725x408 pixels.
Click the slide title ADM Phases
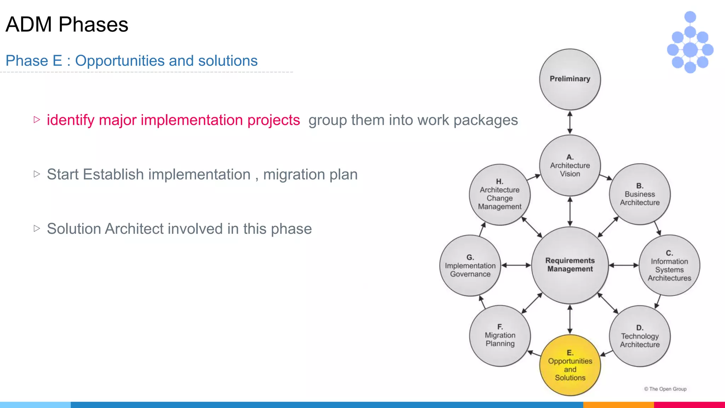click(x=67, y=24)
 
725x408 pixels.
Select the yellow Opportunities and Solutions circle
click(x=570, y=365)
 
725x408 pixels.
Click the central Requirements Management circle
click(x=570, y=265)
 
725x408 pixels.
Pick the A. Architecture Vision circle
click(x=570, y=165)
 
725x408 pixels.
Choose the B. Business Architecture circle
click(x=640, y=194)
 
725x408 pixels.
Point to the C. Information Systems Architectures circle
click(x=669, y=265)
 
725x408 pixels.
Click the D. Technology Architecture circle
click(x=640, y=336)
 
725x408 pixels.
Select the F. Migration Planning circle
click(x=500, y=335)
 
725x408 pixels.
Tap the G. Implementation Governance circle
click(x=470, y=266)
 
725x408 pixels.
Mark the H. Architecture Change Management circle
click(x=499, y=194)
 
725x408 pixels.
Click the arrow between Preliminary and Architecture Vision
click(x=570, y=123)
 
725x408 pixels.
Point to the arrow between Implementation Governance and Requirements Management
click(x=516, y=265)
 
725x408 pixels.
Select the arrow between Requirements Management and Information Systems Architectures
click(x=624, y=265)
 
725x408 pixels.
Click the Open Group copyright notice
click(x=665, y=389)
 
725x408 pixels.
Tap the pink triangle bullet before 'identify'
click(x=37, y=120)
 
